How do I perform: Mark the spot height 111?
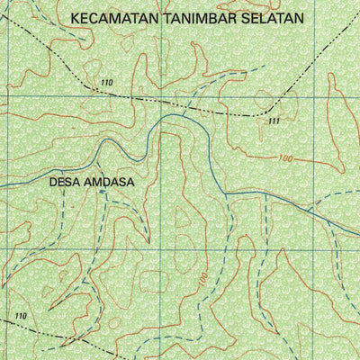[x=274, y=121]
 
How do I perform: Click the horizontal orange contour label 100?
[x=286, y=158]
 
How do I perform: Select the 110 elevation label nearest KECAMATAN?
[x=108, y=83]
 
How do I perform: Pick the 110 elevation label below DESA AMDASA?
[x=21, y=316]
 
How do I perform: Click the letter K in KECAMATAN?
[x=74, y=17]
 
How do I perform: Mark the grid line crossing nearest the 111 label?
[x=301, y=92]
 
